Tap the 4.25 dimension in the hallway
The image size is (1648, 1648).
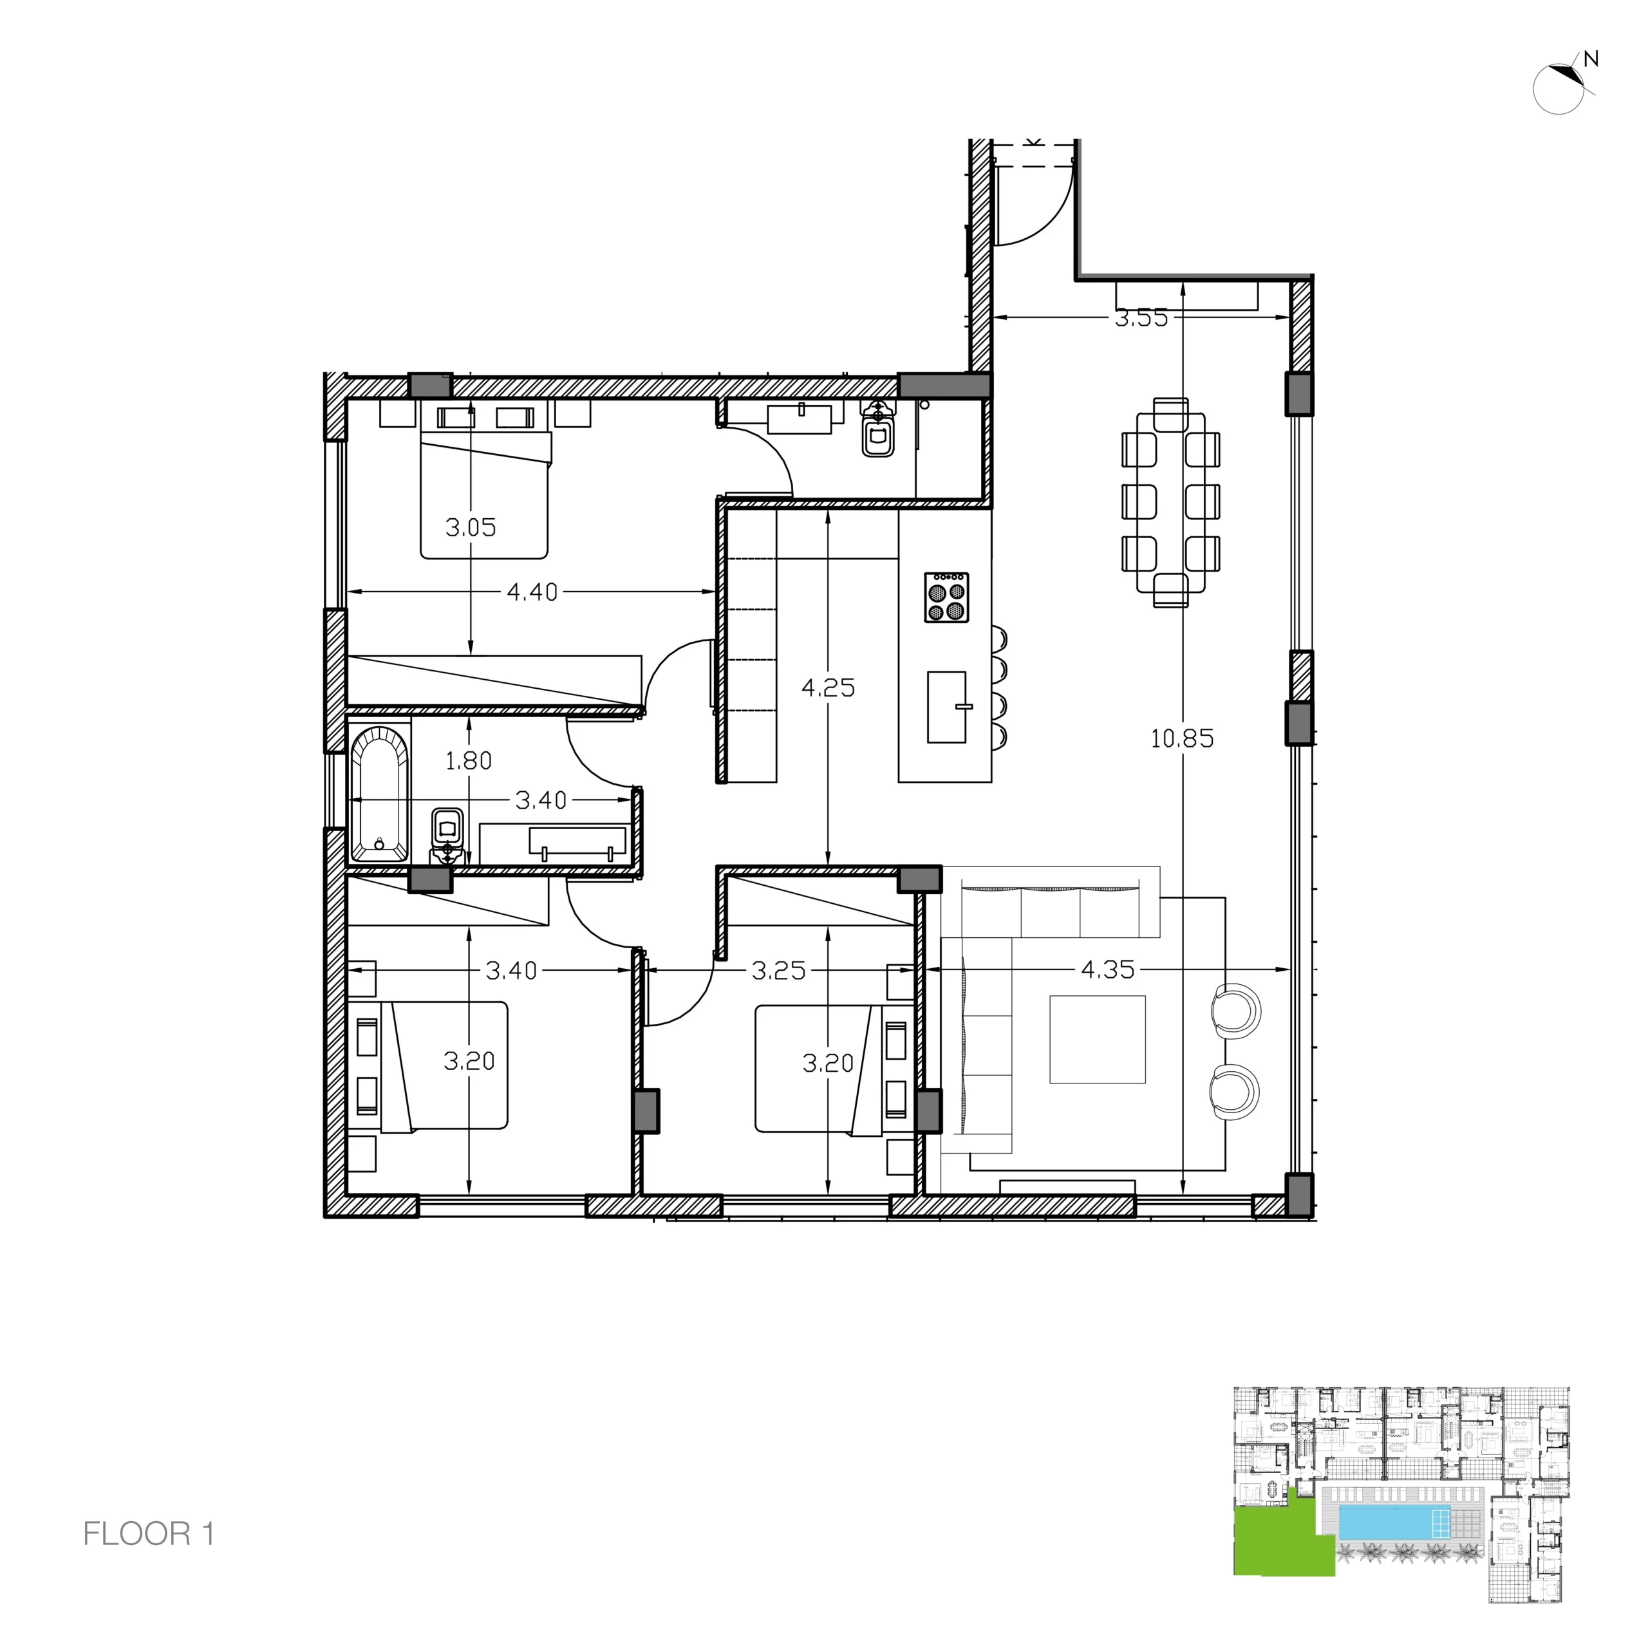pyautogui.click(x=827, y=688)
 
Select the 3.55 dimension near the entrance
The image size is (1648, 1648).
pyautogui.click(x=1141, y=318)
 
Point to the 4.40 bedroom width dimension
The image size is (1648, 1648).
pyautogui.click(x=532, y=592)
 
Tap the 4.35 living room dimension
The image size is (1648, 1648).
pyautogui.click(x=1107, y=970)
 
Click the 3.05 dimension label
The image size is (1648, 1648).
pyautogui.click(x=470, y=527)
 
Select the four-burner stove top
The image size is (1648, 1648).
pyautogui.click(x=946, y=597)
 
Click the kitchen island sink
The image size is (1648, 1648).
pyautogui.click(x=947, y=706)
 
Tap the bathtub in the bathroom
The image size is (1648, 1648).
pyautogui.click(x=380, y=792)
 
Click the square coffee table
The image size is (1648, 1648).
pyautogui.click(x=1097, y=1039)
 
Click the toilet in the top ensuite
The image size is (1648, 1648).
pyautogui.click(x=877, y=431)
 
